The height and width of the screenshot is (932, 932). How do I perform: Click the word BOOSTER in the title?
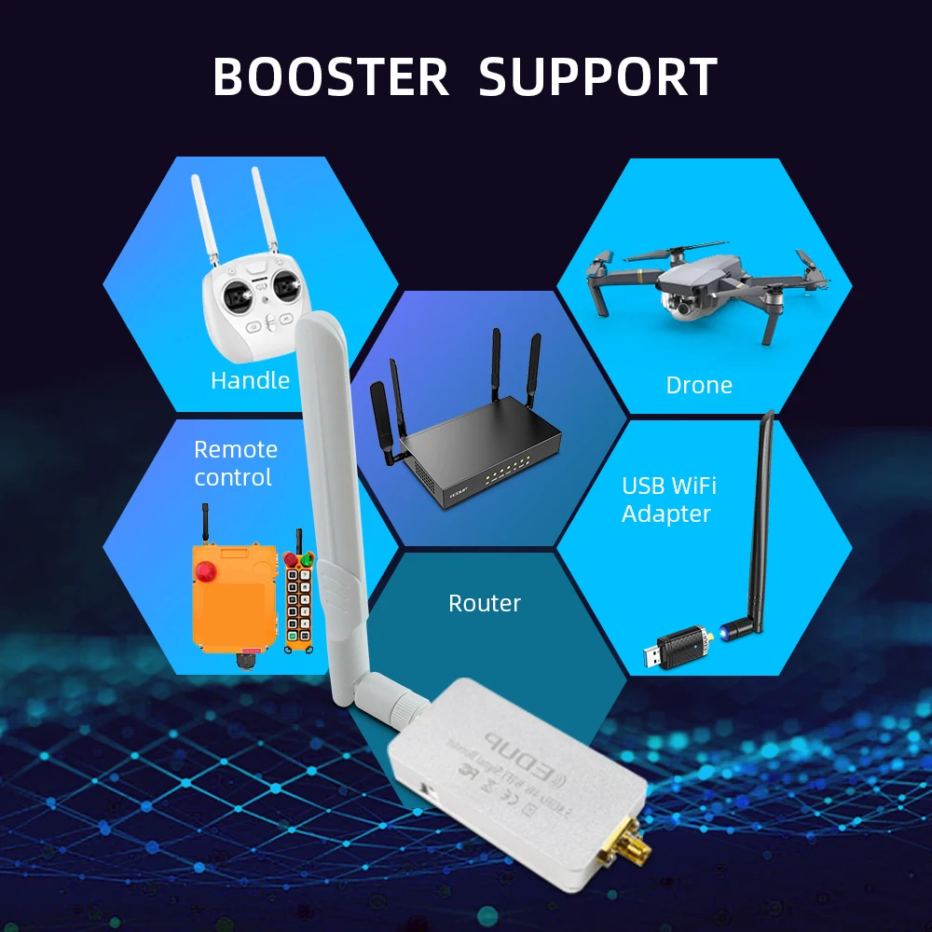tap(331, 77)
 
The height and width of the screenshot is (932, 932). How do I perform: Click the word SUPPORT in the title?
tap(597, 77)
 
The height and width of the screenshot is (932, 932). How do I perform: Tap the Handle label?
tap(250, 380)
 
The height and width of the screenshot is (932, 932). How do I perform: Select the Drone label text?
tap(699, 385)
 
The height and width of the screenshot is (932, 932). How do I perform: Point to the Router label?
tap(485, 603)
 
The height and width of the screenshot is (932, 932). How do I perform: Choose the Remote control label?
tap(235, 463)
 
